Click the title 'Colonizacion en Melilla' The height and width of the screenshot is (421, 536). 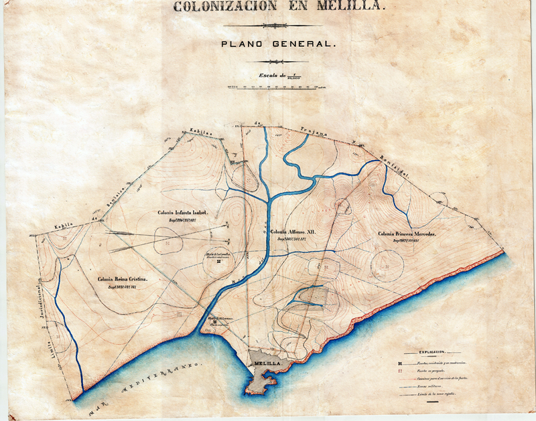point(270,7)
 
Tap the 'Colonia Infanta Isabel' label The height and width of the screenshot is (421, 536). point(183,213)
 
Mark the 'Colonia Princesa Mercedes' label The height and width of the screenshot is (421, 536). point(407,234)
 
